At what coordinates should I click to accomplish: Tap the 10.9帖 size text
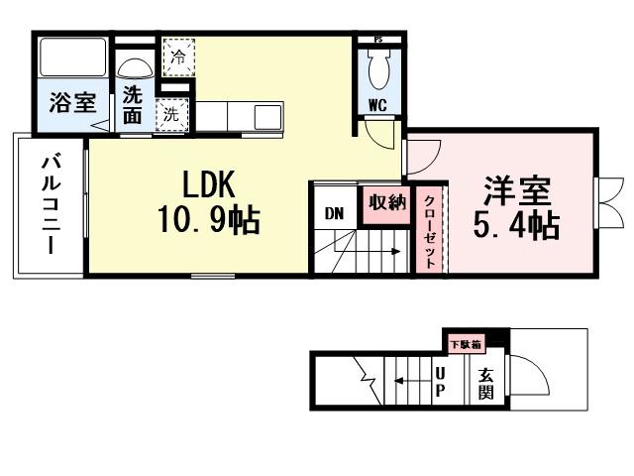coord(207,219)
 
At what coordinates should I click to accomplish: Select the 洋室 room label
coord(515,189)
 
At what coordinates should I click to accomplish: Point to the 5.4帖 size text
coord(515,225)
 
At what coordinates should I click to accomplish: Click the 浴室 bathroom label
coord(71,103)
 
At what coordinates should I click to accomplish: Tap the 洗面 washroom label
coord(133,104)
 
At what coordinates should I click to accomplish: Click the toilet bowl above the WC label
coord(378,68)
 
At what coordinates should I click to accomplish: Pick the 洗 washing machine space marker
coord(171,114)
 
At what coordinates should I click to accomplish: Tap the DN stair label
coord(333,212)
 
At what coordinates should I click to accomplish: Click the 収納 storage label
coord(387,203)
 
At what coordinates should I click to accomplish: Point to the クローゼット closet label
coord(430,229)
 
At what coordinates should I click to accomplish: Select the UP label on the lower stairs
coord(441,382)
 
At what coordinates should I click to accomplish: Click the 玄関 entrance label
coord(486,384)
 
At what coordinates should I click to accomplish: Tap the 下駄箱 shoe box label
coord(466,344)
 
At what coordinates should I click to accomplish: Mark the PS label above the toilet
coord(378,40)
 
